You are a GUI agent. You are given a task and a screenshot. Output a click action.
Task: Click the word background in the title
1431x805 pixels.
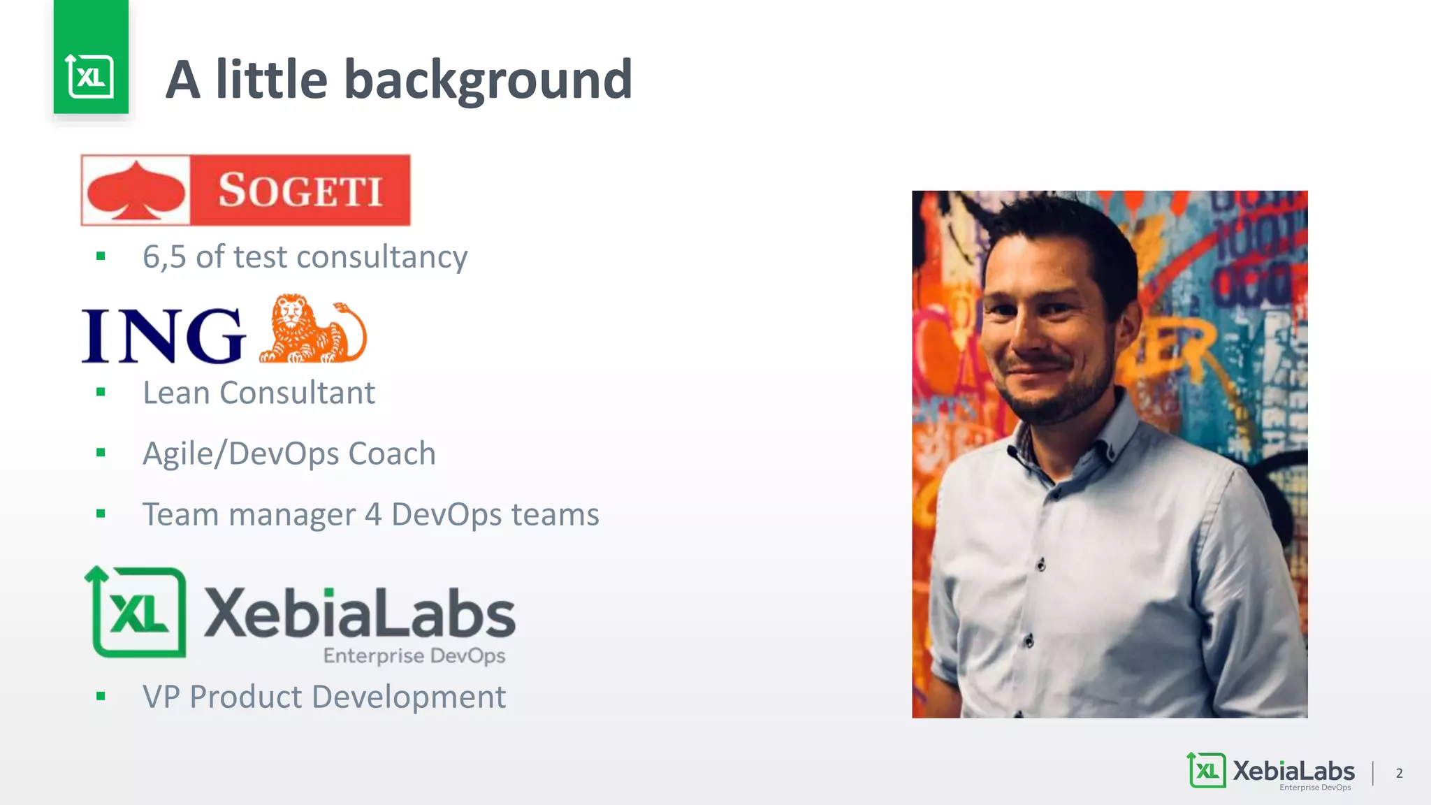click(x=488, y=80)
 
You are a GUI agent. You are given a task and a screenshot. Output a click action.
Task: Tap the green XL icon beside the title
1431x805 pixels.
click(x=91, y=75)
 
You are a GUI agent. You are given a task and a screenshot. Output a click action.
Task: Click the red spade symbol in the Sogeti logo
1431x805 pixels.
click(x=137, y=191)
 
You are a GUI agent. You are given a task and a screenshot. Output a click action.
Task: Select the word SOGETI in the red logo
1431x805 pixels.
click(x=300, y=191)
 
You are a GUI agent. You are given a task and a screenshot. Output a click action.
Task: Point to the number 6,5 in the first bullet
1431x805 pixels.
click(x=164, y=257)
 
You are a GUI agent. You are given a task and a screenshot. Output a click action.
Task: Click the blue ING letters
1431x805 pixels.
click(x=164, y=336)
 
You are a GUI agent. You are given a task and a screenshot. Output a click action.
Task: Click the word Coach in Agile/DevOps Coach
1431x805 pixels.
click(x=392, y=454)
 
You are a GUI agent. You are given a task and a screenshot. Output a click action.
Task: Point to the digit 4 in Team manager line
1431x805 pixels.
click(x=373, y=515)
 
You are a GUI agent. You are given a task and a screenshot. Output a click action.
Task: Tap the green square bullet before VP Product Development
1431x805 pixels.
click(x=101, y=696)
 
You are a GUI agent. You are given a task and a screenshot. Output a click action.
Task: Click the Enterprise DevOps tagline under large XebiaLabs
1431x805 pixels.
click(x=414, y=655)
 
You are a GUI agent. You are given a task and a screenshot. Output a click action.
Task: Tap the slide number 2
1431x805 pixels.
click(x=1399, y=773)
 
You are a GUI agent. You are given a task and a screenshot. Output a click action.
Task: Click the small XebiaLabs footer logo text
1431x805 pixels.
click(x=1293, y=771)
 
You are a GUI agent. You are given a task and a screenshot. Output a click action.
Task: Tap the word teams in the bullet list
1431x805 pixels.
click(x=555, y=515)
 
